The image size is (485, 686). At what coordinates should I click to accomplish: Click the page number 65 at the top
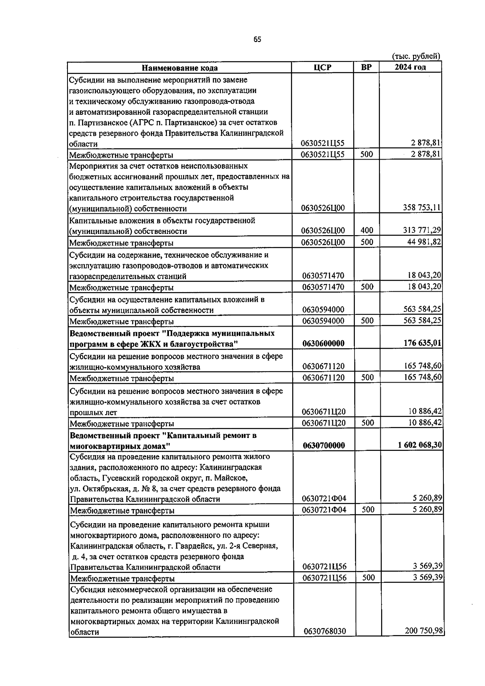point(257,40)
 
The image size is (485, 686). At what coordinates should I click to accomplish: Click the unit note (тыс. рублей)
point(416,56)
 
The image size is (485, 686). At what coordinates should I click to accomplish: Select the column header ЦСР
point(322,67)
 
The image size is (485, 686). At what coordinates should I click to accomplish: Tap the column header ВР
point(366,67)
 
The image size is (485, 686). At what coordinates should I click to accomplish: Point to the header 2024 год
point(410,67)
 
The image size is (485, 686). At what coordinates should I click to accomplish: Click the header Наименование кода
point(179,68)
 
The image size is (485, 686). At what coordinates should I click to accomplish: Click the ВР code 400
point(367,230)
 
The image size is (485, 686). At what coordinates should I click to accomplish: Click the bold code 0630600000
point(323,343)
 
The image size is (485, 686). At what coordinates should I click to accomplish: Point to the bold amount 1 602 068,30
point(420,445)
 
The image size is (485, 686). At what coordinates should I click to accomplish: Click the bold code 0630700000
point(324,446)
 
